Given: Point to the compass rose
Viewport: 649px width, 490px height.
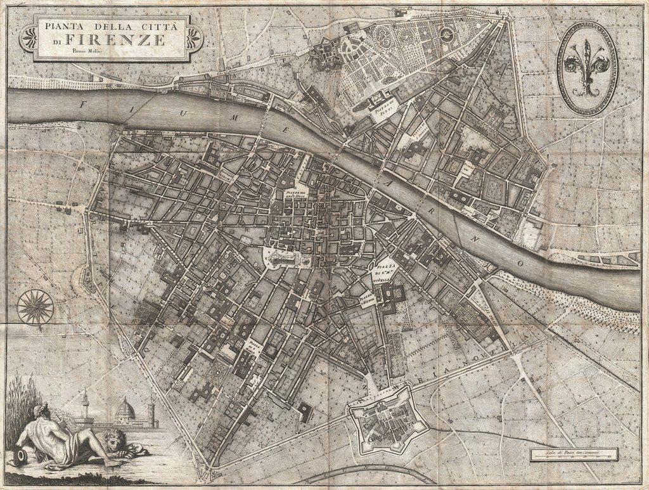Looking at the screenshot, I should click(x=35, y=306).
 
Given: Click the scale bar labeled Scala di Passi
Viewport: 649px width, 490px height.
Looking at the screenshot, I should click(x=571, y=453).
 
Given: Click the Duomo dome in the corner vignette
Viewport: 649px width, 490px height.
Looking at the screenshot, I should click(x=125, y=411).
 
